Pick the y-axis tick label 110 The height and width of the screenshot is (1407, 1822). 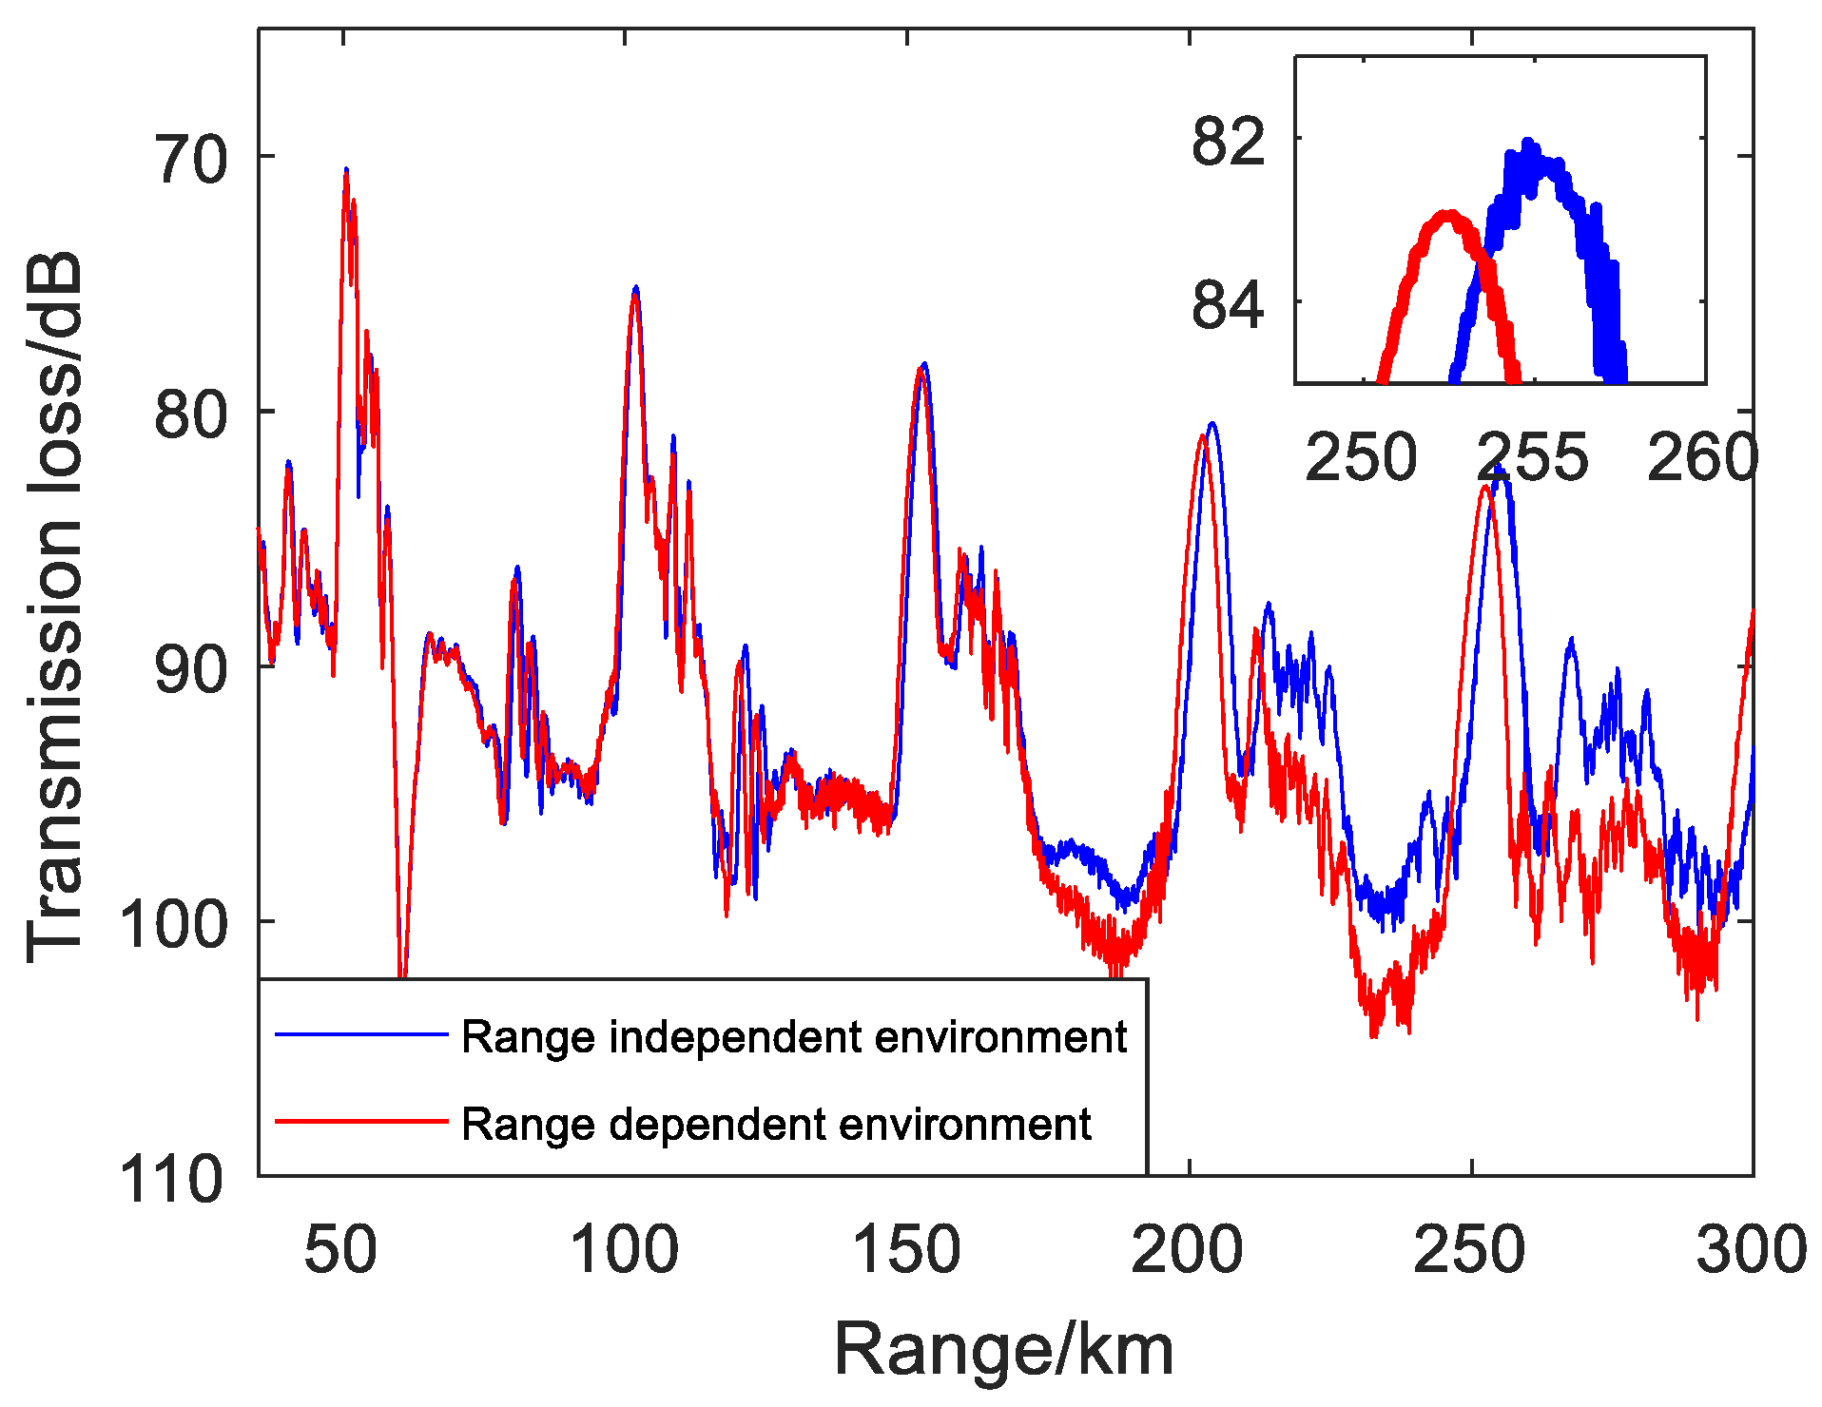[172, 1180]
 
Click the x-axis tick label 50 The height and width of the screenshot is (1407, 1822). [340, 1249]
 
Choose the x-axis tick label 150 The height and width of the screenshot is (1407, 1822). [906, 1249]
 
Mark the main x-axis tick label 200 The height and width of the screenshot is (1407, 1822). [1187, 1249]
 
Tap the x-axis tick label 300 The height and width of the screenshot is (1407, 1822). [1752, 1249]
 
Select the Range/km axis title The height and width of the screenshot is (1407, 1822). [1004, 1349]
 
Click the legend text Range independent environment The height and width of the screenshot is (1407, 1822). [793, 1036]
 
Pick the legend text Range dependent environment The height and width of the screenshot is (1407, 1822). [776, 1124]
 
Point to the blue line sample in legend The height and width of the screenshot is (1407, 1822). [361, 1033]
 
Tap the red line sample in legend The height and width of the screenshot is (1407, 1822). [361, 1121]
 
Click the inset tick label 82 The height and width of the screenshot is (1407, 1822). [1228, 142]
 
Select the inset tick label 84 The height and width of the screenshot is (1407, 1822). [1228, 305]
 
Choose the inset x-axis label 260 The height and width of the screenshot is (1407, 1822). [1702, 457]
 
